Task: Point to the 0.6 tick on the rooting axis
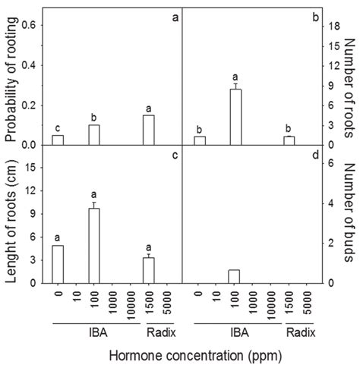tap(30, 26)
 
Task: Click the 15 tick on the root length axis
tap(30, 164)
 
